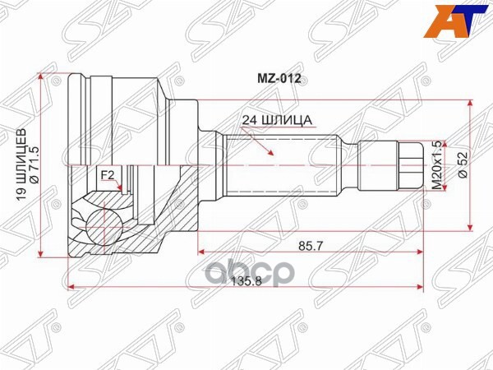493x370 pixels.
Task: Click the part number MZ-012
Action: tap(280, 80)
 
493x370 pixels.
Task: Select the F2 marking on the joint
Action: tap(107, 175)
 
